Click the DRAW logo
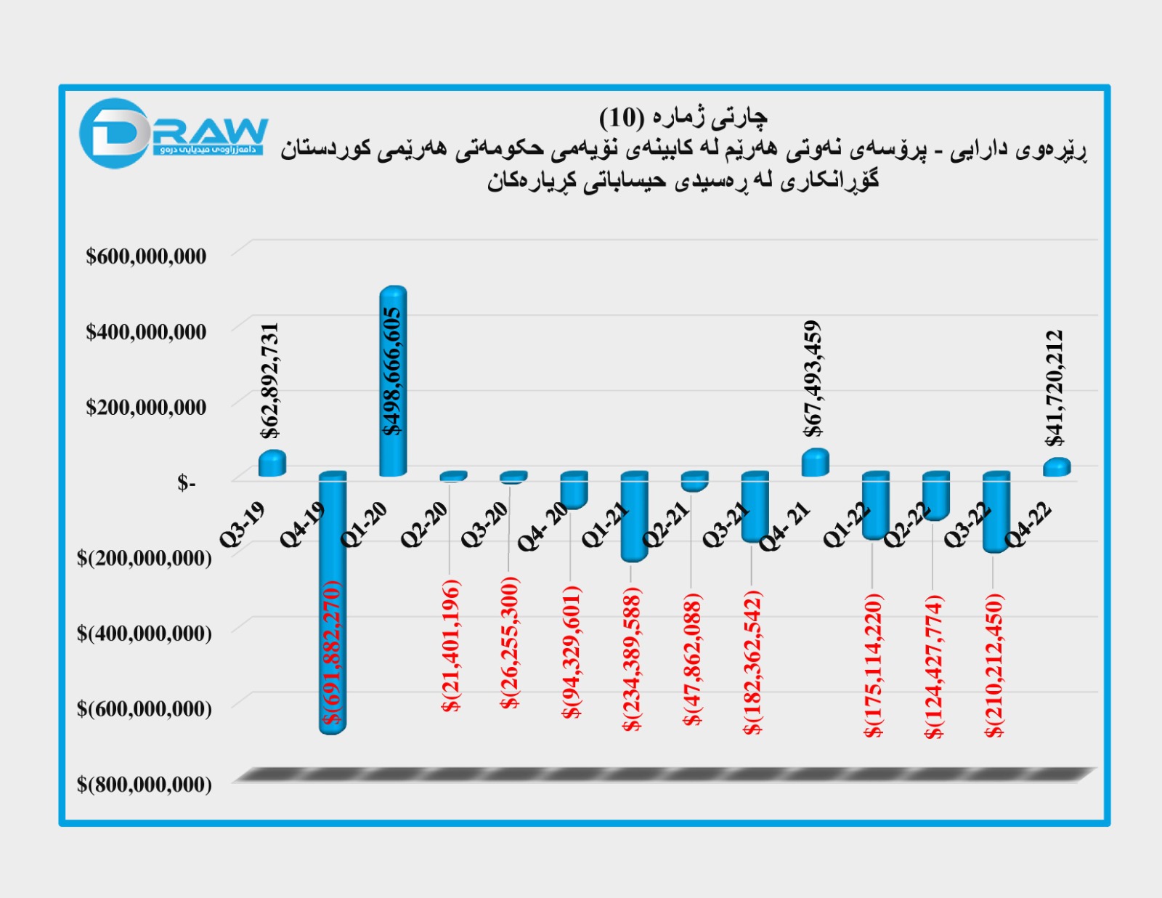pos(173,133)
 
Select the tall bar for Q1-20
pos(393,381)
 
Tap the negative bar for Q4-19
pos(333,603)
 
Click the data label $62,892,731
pos(269,380)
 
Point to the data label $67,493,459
pos(813,379)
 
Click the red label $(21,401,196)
pos(451,645)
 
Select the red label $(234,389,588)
pos(632,659)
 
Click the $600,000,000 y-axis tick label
pos(146,256)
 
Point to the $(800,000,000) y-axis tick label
pos(145,785)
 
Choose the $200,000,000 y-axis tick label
pos(146,408)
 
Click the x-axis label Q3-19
pos(243,525)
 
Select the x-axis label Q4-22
pos(1028,525)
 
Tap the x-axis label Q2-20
pos(424,525)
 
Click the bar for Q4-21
pos(815,463)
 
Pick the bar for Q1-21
pos(634,516)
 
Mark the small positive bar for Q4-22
pos(1057,467)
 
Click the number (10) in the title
pos(622,117)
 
